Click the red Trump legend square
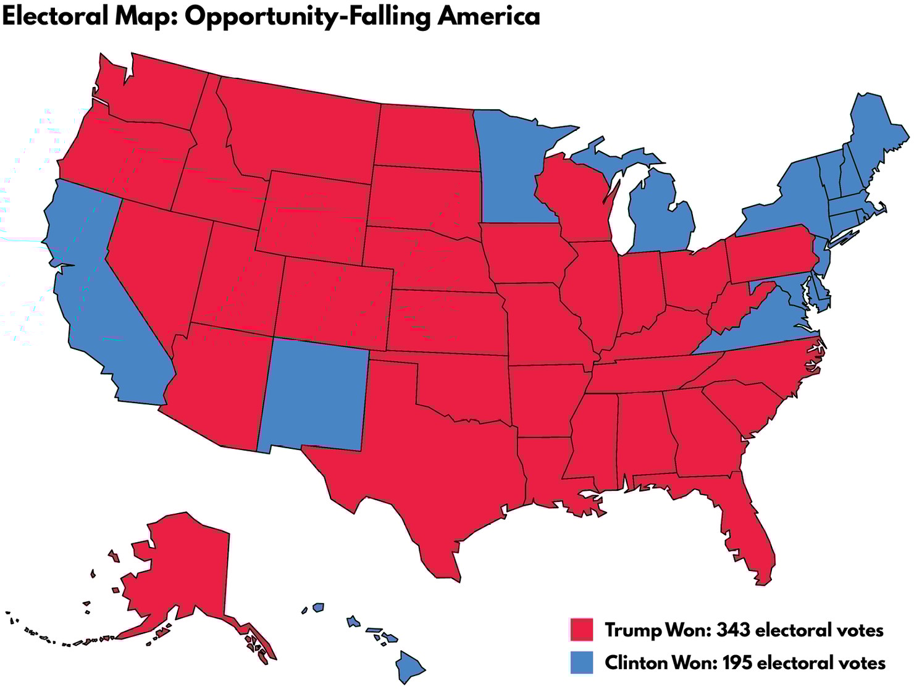(581, 630)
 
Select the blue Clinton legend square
(581, 662)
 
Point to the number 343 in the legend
(733, 630)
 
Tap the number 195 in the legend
(737, 663)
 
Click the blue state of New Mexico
(315, 395)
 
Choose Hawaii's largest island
(409, 667)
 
